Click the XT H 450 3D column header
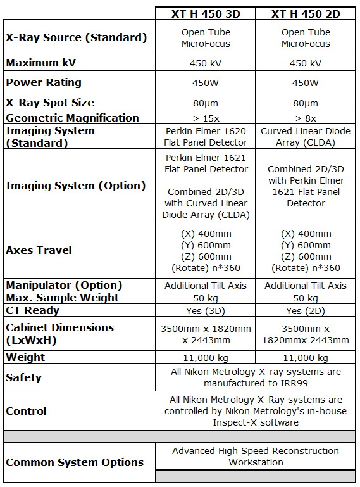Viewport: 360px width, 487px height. tap(206, 14)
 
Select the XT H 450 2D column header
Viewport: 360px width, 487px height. tap(306, 14)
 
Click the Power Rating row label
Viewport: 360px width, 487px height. tap(44, 83)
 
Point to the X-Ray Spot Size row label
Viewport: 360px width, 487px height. tap(50, 103)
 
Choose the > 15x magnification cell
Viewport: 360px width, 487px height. tap(206, 118)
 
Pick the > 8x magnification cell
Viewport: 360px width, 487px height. tap(306, 118)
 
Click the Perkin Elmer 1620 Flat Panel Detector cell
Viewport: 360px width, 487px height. tap(206, 137)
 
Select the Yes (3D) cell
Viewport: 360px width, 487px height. tap(206, 310)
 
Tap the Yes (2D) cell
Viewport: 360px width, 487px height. tap(306, 310)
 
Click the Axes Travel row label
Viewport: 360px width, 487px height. tap(39, 250)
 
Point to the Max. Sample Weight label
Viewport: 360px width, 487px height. tap(62, 298)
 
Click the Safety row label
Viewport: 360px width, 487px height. tap(23, 377)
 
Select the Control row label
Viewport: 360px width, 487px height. tap(26, 411)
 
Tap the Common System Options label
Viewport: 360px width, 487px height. tap(75, 462)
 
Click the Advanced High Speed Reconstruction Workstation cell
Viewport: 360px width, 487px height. tap(256, 457)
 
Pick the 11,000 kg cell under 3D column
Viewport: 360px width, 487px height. tap(206, 357)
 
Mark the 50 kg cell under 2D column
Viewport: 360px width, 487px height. tap(306, 298)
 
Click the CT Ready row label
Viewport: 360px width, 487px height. tap(32, 310)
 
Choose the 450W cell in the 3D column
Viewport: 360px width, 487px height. tap(206, 83)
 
